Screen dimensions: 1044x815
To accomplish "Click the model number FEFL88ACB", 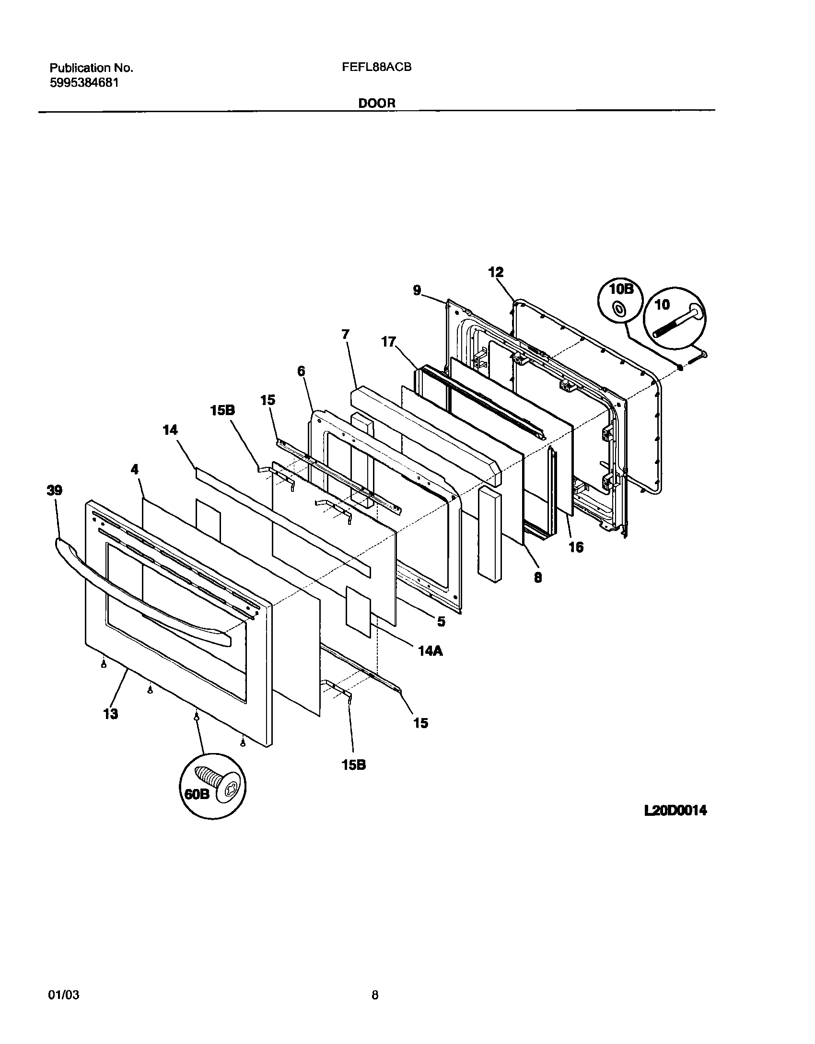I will point(376,68).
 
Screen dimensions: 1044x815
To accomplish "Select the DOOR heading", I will point(377,103).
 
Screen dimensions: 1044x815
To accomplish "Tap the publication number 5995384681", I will point(84,82).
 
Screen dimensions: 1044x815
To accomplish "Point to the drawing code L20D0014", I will point(675,811).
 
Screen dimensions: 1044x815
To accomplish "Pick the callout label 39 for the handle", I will point(55,490).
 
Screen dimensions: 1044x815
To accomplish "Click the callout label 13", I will point(110,714).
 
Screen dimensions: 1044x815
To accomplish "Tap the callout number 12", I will point(496,272).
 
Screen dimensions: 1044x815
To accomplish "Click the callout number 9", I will point(417,290).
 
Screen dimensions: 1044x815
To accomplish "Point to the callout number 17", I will point(388,342).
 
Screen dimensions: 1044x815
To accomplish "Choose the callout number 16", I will point(576,547).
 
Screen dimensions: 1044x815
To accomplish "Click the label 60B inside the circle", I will point(197,794).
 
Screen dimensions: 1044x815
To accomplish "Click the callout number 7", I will point(346,334).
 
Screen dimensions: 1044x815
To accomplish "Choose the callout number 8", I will point(538,578).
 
